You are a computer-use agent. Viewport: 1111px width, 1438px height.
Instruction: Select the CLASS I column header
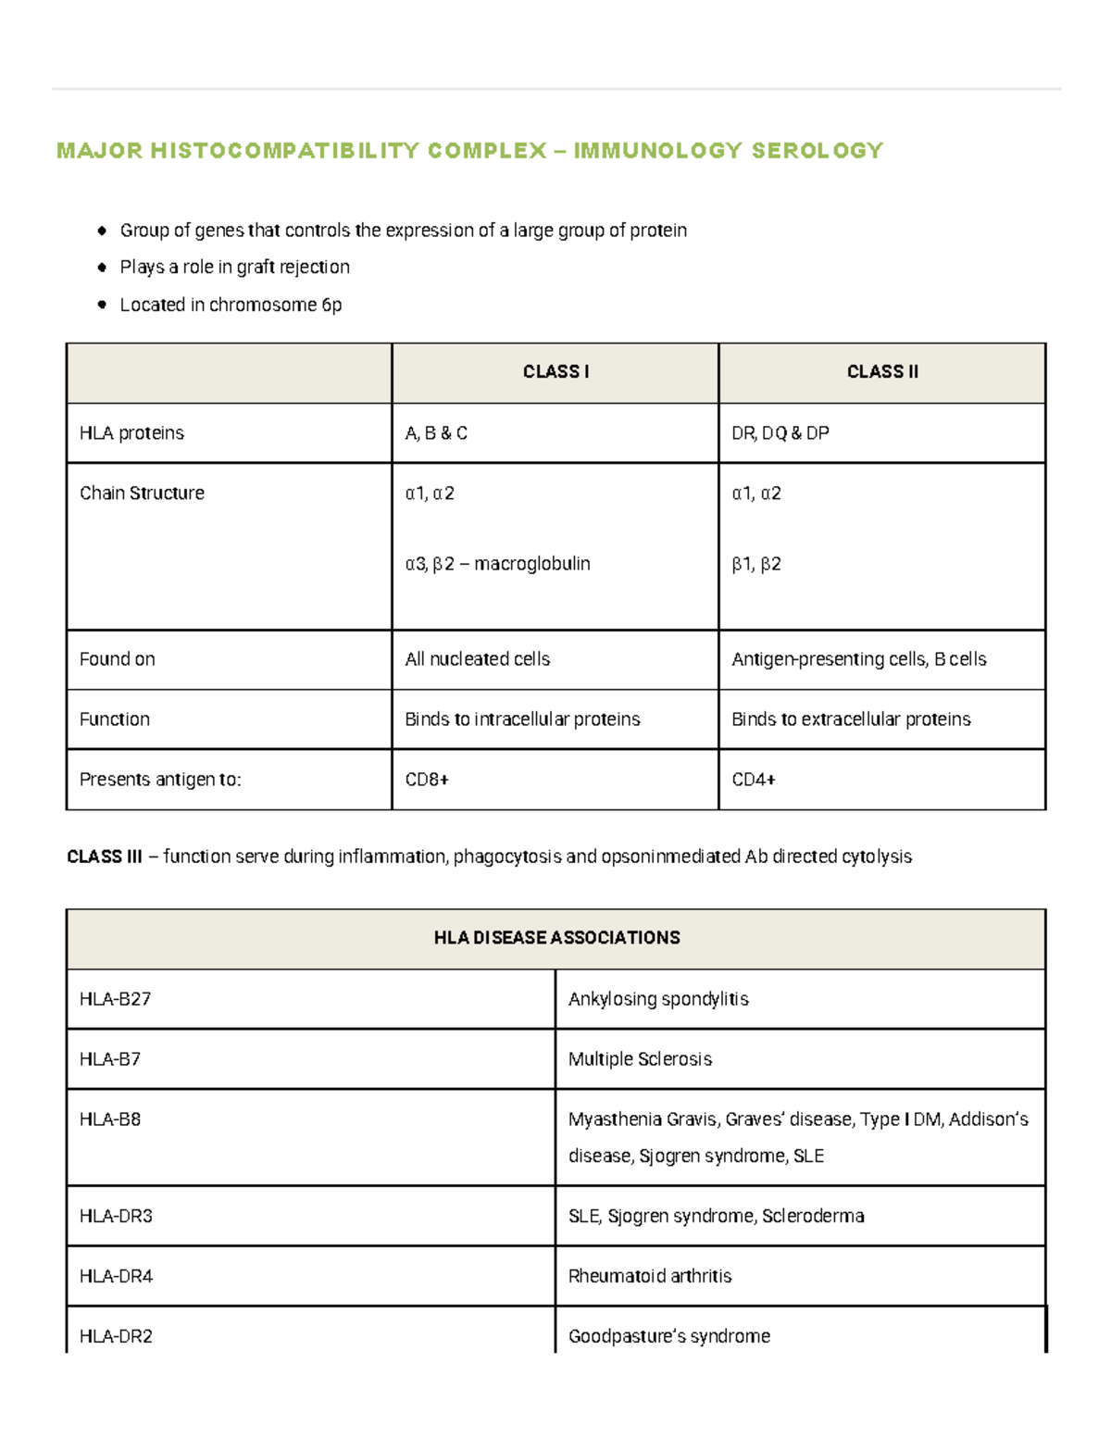(x=555, y=372)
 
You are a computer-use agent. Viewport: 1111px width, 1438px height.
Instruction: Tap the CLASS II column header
(x=882, y=372)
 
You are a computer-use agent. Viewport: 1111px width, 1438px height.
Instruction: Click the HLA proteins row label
(x=131, y=433)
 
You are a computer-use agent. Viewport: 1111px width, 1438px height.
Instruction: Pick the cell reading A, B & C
(x=436, y=433)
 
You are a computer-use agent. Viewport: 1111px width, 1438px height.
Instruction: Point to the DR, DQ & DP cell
(x=780, y=433)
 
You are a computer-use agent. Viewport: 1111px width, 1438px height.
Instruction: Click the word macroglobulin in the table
(x=531, y=564)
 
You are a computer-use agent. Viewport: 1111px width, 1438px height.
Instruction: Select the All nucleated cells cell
(x=477, y=659)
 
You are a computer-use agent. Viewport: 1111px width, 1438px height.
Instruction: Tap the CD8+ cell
(x=427, y=780)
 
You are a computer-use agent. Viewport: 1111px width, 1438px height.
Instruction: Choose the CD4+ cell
(x=754, y=780)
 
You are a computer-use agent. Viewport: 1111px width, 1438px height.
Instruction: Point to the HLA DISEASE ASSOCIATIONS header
(x=556, y=938)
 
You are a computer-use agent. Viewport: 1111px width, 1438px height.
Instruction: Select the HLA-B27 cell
(x=115, y=999)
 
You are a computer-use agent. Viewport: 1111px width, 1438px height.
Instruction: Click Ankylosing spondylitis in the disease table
(x=658, y=999)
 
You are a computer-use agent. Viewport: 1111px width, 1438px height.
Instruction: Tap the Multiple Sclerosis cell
(x=640, y=1059)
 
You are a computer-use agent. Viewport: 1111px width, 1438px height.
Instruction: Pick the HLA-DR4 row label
(x=116, y=1276)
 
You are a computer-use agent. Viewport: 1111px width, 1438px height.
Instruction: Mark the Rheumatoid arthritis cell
(x=649, y=1276)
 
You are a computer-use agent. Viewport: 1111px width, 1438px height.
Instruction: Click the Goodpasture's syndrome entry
(x=668, y=1336)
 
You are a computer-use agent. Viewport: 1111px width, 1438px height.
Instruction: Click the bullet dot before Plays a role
(x=102, y=268)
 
